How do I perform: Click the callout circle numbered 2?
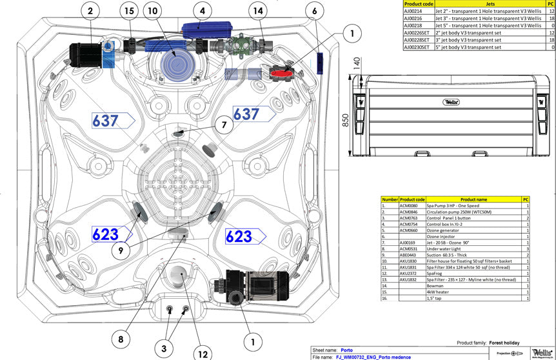coord(90,11)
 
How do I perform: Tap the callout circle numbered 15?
coord(129,11)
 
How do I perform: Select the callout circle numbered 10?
coord(152,11)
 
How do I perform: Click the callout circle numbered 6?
coord(314,11)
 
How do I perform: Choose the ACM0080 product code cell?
coord(412,206)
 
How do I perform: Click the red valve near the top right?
coord(282,74)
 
